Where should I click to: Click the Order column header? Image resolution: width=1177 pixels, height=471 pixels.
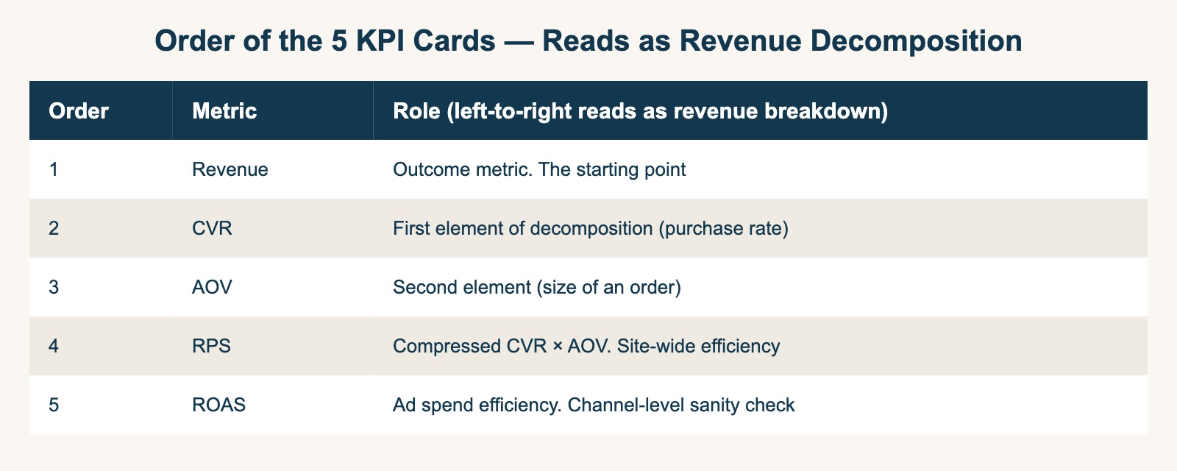79,111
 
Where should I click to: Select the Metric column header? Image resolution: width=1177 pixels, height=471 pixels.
224,111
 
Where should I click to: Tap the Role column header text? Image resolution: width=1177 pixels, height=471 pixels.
640,111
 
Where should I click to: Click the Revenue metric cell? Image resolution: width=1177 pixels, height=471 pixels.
230,170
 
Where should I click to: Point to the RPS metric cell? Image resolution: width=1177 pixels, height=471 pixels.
210,347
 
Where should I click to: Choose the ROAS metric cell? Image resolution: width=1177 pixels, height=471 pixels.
218,406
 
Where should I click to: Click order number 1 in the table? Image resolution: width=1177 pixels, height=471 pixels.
53,170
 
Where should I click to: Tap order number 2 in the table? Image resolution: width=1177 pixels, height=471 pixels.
53,229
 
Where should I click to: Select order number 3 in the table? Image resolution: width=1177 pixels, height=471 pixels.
53,288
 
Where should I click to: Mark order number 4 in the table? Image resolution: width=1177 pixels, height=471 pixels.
53,347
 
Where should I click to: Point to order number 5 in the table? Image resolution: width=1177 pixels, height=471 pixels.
53,406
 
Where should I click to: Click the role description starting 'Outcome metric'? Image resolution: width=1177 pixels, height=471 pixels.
539,170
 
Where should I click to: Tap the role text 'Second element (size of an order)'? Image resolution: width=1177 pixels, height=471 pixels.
537,288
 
